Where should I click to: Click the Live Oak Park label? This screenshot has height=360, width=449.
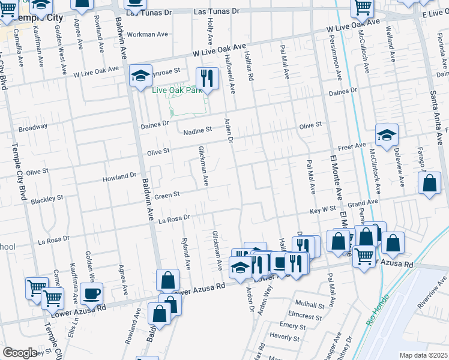click(x=177, y=91)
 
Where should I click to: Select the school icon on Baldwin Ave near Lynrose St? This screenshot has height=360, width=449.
click(x=140, y=76)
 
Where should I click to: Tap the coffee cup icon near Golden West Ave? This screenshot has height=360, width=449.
click(x=91, y=294)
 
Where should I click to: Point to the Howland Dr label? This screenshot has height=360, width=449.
click(x=120, y=177)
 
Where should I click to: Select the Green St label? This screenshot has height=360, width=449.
click(x=167, y=195)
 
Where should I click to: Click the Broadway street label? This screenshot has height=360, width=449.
click(x=33, y=128)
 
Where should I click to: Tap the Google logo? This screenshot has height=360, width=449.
click(x=20, y=353)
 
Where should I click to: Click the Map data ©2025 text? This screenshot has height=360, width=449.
click(x=423, y=355)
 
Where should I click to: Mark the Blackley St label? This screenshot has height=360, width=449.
click(x=47, y=198)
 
